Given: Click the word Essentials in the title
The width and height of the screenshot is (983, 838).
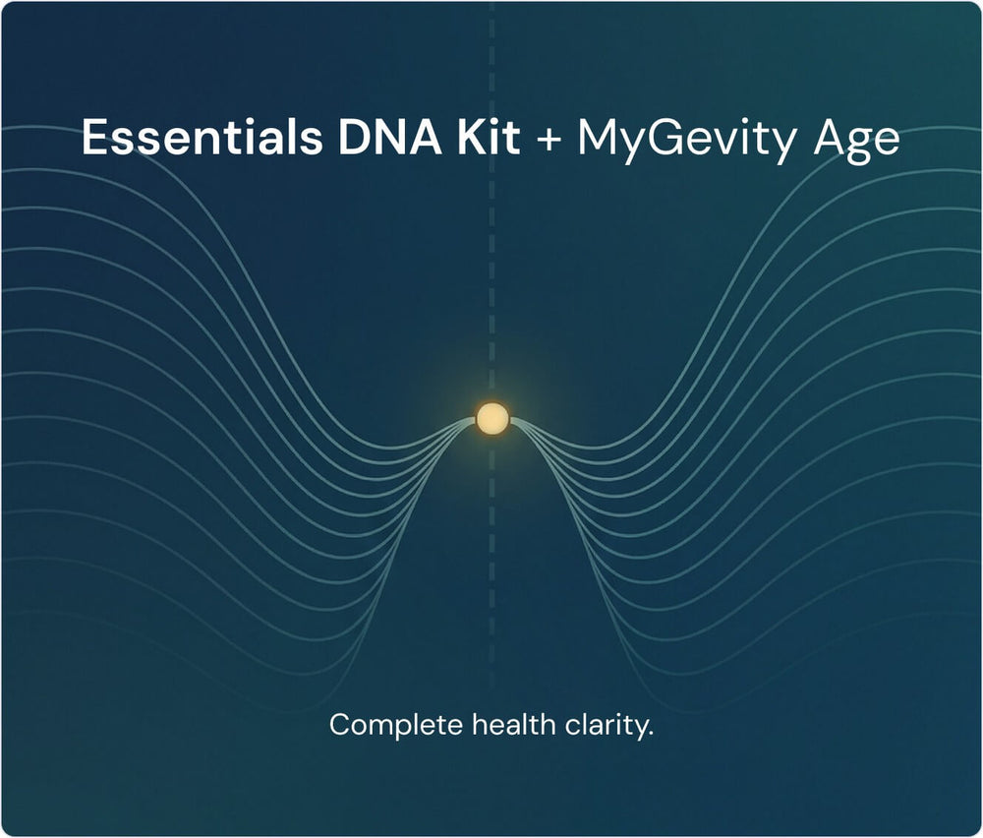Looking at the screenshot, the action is pyautogui.click(x=202, y=137).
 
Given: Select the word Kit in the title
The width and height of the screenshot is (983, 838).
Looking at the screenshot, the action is pyautogui.click(x=489, y=137).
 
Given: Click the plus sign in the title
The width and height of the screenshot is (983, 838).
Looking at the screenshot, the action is pyautogui.click(x=549, y=139).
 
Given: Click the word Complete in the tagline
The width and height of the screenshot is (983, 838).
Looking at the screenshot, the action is pyautogui.click(x=395, y=726).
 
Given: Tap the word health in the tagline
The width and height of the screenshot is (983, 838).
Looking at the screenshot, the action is pyautogui.click(x=513, y=725).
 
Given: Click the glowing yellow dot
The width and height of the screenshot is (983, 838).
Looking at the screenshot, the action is pyautogui.click(x=492, y=419).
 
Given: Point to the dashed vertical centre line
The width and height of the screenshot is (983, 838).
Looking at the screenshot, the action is pyautogui.click(x=491, y=345).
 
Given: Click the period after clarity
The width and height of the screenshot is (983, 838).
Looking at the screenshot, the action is pyautogui.click(x=650, y=735).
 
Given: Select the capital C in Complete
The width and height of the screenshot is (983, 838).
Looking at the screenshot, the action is pyautogui.click(x=340, y=725).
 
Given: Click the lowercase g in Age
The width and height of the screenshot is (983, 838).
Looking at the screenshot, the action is pyautogui.click(x=857, y=147).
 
